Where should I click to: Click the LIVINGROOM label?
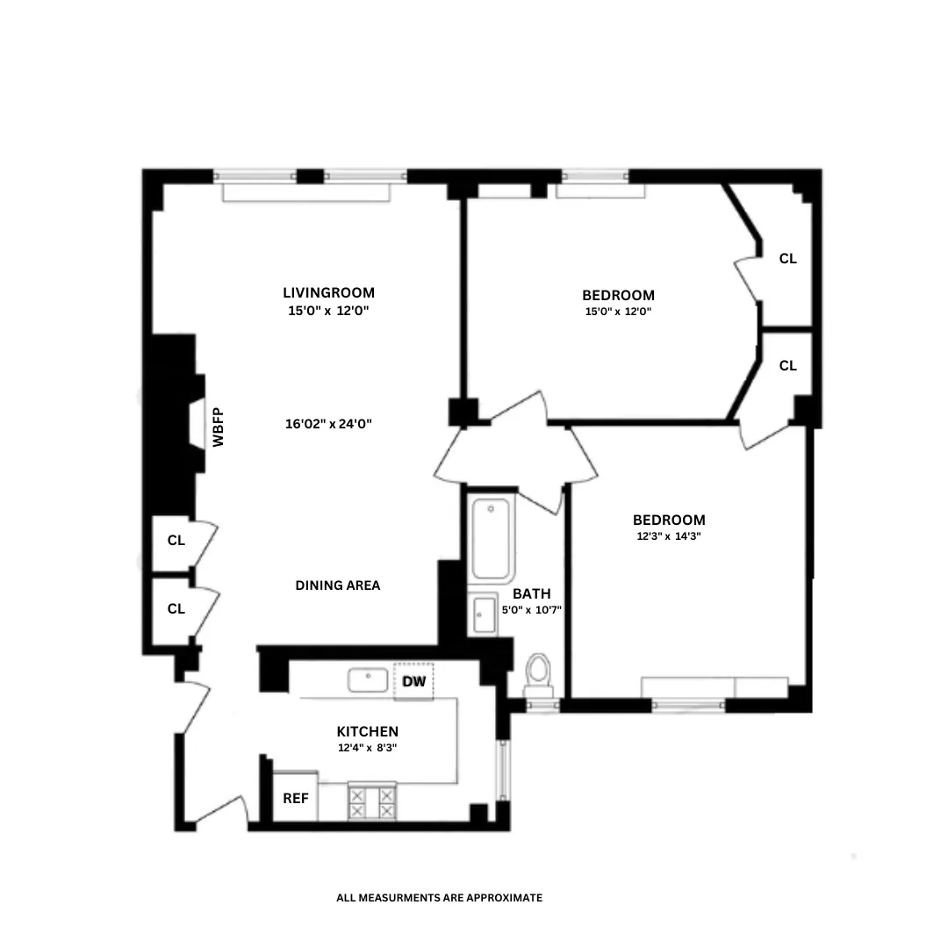click(328, 292)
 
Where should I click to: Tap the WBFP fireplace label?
click(219, 427)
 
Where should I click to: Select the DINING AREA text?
click(338, 585)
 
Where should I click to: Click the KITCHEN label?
click(368, 731)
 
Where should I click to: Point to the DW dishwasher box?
click(413, 681)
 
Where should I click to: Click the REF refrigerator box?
click(295, 799)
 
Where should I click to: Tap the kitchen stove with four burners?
click(372, 801)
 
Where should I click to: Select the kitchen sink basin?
click(369, 680)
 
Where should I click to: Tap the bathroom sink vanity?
click(484, 614)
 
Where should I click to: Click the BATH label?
click(532, 593)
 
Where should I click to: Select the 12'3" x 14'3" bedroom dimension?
click(671, 535)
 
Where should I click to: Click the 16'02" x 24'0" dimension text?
click(329, 423)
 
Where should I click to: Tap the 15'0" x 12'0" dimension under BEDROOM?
click(618, 312)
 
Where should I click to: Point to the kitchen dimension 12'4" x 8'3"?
click(368, 749)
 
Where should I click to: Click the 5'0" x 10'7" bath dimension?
click(532, 609)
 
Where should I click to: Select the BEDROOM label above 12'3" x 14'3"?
click(670, 520)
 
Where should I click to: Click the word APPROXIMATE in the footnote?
click(501, 898)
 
